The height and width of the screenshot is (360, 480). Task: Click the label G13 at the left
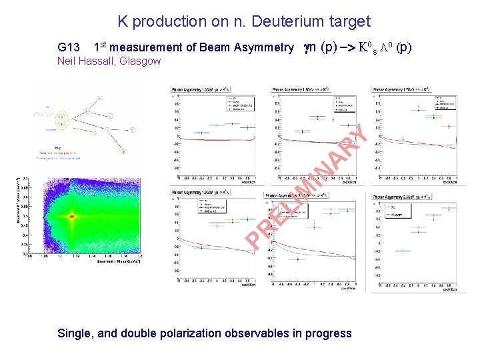coord(69,47)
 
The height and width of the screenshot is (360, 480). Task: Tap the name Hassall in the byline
coord(102,61)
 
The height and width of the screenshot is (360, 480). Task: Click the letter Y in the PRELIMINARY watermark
coord(359,136)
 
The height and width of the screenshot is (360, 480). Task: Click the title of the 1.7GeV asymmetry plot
coord(407,89)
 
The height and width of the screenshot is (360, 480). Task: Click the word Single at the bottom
coord(75,333)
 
